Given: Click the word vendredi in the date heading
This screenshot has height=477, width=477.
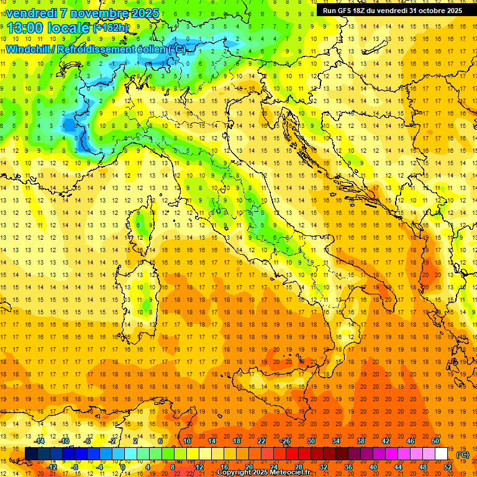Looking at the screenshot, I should coord(31,13).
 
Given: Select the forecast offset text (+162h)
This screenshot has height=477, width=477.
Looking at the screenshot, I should coord(110,28).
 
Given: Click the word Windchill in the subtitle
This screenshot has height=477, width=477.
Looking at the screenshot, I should coord(29,49).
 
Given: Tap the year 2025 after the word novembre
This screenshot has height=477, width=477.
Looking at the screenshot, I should coord(145,13).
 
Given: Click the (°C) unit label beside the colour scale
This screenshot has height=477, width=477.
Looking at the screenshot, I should coord(463,455).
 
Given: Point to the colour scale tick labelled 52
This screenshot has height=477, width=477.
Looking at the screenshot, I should coord(448,466).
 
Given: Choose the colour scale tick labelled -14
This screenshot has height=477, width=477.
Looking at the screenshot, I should coord(40,441).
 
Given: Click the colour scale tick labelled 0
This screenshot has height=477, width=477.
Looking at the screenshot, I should coord(123,466).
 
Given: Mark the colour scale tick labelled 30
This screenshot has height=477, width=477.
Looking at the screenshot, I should coord(311,441).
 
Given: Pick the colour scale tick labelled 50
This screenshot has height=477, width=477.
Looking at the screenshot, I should coord(435,441).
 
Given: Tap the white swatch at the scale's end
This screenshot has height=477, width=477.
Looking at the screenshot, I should coord(441,453).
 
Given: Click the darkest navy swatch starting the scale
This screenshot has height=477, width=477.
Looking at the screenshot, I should coord(31,453).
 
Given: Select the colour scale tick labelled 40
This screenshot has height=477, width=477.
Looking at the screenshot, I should coord(373,466).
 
